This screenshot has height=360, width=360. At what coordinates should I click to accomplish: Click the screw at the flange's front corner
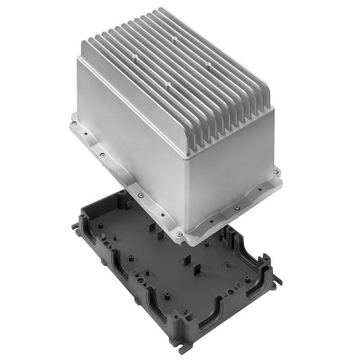point(179,233)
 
